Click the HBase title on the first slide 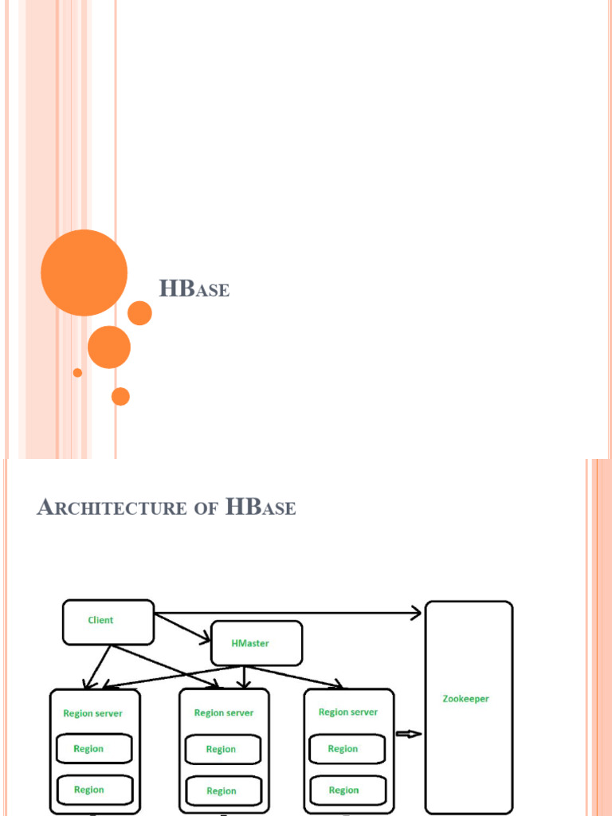194,288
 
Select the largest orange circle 84,273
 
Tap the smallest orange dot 77,372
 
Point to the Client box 108,622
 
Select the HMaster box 256,643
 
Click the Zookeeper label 466,699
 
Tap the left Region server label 93,713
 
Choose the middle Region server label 224,713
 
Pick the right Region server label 348,712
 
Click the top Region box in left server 93,749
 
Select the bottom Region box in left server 93,790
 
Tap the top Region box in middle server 222,750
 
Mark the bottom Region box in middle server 222,790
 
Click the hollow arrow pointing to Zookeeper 408,734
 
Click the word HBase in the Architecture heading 261,508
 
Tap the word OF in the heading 206,509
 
